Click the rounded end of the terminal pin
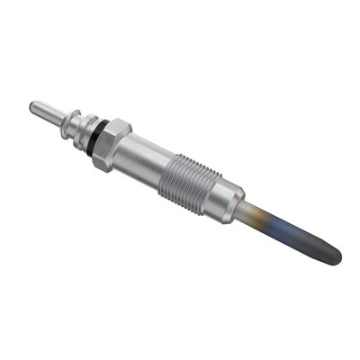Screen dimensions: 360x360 pyautogui.click(x=34, y=107)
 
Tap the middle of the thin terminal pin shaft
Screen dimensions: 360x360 pyautogui.click(x=48, y=115)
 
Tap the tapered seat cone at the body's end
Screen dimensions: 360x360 pyautogui.click(x=239, y=206)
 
